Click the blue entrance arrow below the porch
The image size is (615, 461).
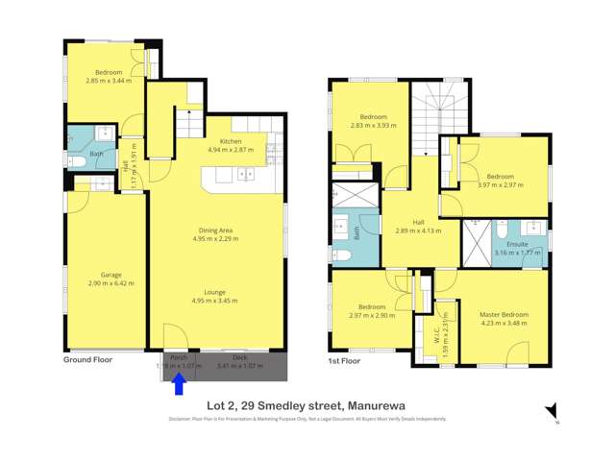click(179, 383)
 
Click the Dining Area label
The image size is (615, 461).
click(216, 230)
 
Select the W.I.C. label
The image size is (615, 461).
click(435, 333)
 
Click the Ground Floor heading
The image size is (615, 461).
click(87, 360)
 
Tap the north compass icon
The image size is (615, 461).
click(552, 412)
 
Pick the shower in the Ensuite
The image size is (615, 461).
click(476, 243)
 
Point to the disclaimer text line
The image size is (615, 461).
click(307, 419)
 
